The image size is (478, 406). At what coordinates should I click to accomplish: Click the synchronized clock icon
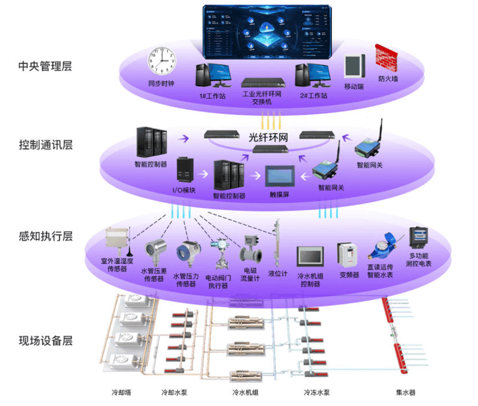point(162,62)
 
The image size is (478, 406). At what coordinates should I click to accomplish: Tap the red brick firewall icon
point(386,59)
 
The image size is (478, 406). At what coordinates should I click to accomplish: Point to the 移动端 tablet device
point(354,67)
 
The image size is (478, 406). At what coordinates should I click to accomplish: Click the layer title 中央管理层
point(45,66)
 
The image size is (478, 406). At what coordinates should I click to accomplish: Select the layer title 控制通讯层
point(45,145)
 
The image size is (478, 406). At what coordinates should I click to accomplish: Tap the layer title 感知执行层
point(45,236)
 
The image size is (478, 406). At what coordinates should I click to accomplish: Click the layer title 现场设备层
point(45,341)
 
